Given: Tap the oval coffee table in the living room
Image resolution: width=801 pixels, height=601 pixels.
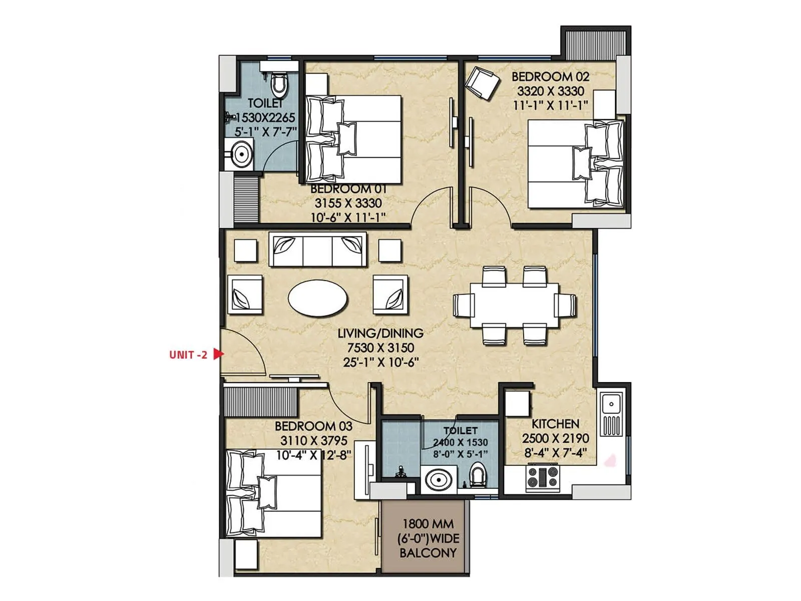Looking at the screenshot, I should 318,297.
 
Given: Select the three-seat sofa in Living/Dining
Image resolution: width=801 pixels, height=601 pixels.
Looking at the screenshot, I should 317,249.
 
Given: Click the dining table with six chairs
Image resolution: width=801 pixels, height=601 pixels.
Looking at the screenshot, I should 514,306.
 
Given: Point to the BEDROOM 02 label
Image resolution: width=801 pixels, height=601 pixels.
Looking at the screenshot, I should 550,77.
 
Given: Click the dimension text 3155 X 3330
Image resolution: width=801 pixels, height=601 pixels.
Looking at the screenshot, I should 348,203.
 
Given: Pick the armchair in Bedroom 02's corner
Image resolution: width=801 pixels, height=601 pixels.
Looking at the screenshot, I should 482,82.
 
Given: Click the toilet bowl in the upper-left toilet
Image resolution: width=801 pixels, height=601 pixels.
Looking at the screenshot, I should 279,85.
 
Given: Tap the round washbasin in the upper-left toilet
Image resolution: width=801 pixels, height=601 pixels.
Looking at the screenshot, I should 242,154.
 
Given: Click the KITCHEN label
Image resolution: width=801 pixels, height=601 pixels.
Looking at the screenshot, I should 555,424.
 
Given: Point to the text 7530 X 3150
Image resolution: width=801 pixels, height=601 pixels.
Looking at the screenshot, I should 380,348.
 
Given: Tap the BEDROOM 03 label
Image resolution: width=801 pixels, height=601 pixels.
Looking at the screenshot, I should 313,426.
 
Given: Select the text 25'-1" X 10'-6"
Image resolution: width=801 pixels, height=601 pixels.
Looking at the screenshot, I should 380,362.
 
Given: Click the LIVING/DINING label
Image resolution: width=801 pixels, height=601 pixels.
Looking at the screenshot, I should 380,333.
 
